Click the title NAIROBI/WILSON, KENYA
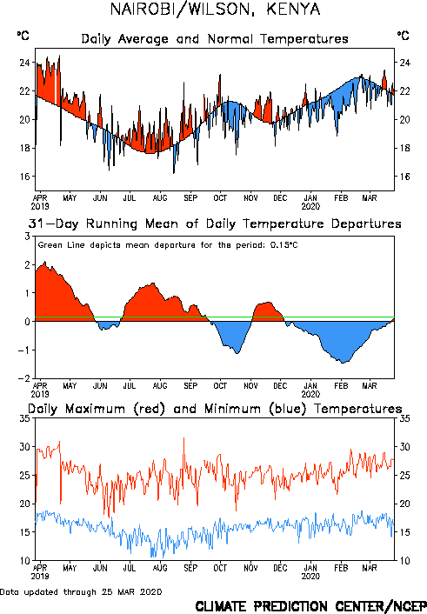click(215, 10)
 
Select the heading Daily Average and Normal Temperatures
click(215, 39)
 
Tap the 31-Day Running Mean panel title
click(215, 224)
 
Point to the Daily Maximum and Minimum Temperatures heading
click(215, 409)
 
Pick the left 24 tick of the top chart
click(24, 63)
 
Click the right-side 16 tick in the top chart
click(404, 177)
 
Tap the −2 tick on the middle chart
click(24, 378)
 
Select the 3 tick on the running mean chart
click(27, 237)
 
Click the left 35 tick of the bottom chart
click(24, 418)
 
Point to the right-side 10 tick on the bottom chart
click(404, 561)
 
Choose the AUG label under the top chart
click(160, 198)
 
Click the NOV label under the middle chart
click(250, 386)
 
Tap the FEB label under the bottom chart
click(341, 568)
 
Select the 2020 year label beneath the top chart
click(310, 206)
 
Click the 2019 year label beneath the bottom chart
click(40, 577)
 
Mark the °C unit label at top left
click(23, 36)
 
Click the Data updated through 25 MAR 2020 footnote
click(81, 592)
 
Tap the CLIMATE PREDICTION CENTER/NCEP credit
click(311, 606)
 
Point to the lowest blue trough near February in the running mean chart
click(343, 363)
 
